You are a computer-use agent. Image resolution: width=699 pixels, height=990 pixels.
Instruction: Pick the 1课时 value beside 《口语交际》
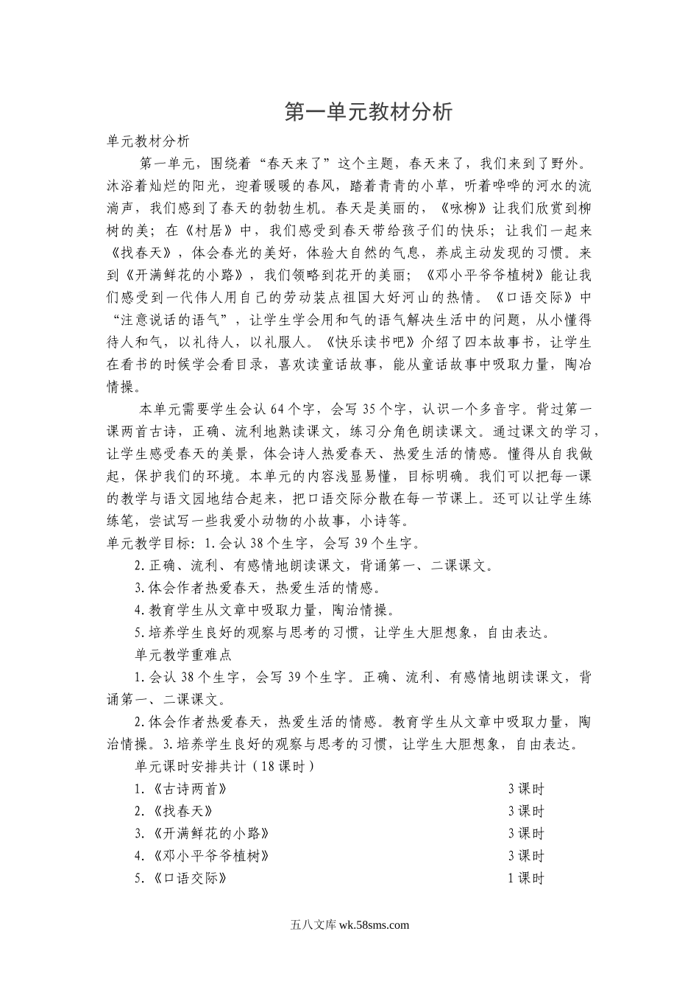[525, 878]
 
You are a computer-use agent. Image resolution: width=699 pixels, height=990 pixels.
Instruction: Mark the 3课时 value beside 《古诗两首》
[525, 789]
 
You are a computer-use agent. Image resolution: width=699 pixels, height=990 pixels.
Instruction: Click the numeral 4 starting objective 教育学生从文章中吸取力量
[138, 611]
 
